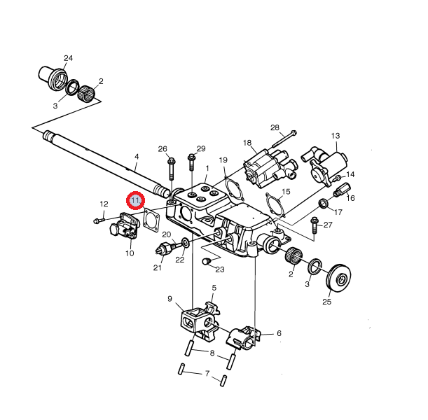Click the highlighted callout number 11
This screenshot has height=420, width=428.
(135, 200)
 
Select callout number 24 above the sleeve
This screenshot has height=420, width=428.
(68, 58)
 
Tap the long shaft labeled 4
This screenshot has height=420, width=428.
(105, 163)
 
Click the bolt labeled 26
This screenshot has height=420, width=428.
(171, 169)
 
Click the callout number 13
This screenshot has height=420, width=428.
(336, 136)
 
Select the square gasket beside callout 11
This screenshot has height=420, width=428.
(151, 220)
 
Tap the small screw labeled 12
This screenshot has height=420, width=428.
(99, 220)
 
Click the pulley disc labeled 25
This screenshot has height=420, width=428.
(338, 278)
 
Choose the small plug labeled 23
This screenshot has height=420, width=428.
(207, 261)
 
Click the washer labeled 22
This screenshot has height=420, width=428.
(186, 242)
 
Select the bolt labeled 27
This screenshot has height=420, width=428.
(315, 225)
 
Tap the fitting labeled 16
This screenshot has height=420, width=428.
(343, 190)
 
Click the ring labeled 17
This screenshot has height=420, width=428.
(324, 203)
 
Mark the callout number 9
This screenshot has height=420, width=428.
(170, 299)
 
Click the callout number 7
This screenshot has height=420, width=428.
(207, 373)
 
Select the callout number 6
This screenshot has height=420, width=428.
(279, 333)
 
